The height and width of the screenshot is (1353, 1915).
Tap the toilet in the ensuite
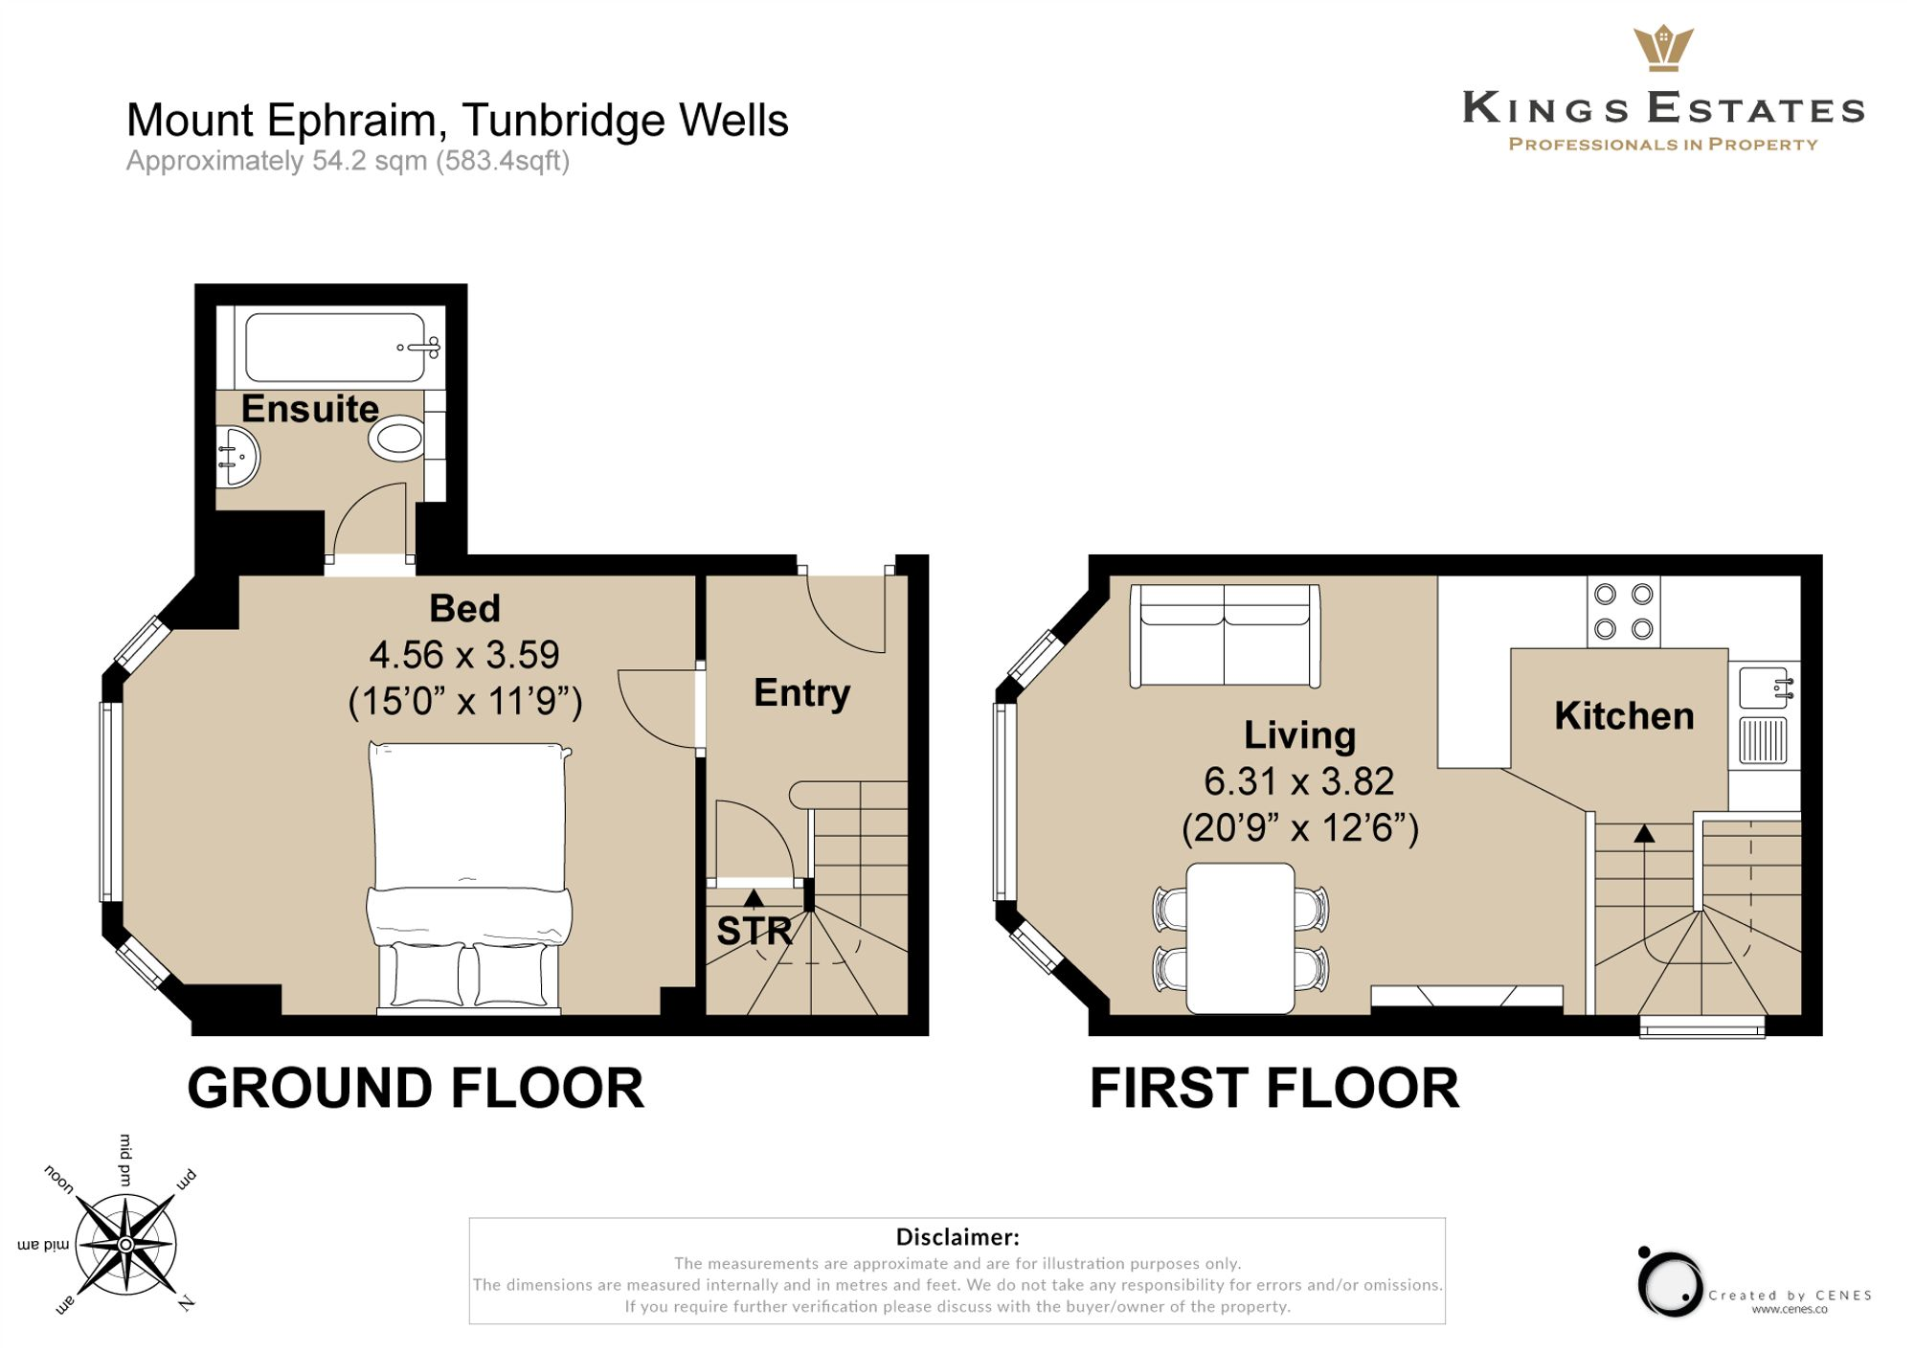396,439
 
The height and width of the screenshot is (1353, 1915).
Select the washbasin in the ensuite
237,458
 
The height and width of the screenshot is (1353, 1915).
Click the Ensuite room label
309,409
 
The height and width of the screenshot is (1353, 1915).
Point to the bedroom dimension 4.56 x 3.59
464,655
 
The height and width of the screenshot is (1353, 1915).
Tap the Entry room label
801,692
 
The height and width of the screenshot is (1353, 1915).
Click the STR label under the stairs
755,931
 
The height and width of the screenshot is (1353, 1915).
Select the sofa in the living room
1225,635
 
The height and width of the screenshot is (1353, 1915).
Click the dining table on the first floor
1240,936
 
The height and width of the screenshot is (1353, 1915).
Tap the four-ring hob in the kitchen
1623,612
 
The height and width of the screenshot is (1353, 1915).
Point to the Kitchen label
1624,716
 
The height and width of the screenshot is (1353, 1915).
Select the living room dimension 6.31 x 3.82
1298,781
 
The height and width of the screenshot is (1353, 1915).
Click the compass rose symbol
125,1244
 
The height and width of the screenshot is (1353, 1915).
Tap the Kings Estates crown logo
1663,48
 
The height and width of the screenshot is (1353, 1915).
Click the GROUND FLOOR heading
416,1089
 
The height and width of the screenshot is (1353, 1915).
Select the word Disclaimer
957,1236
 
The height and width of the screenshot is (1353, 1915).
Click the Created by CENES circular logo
1669,1282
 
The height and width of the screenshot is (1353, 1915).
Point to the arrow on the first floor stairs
1644,834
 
